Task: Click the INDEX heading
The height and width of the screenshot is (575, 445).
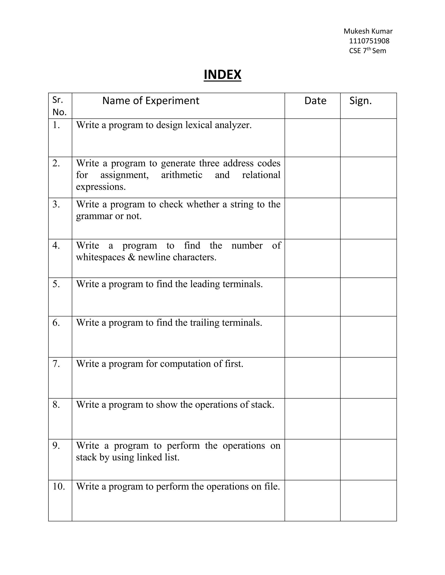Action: [x=222, y=74]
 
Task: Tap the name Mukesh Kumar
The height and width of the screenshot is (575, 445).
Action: [x=368, y=31]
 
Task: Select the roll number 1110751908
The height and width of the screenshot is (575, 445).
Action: [x=369, y=41]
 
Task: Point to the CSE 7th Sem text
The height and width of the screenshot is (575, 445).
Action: [x=367, y=51]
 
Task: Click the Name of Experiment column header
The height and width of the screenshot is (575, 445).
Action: [x=151, y=101]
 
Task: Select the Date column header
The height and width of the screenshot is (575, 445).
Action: [x=315, y=101]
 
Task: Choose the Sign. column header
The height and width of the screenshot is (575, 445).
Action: [x=360, y=101]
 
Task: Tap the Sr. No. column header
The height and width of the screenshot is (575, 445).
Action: [x=59, y=106]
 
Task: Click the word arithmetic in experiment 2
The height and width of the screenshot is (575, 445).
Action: [x=182, y=175]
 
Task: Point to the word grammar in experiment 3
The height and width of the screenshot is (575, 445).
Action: [x=94, y=216]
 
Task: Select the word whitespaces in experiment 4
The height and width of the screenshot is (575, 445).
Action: [x=100, y=257]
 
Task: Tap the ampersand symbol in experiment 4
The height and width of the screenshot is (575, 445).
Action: [x=131, y=257]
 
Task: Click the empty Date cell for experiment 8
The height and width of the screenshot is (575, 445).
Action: [x=312, y=419]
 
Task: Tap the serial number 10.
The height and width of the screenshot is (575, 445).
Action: [x=58, y=486]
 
